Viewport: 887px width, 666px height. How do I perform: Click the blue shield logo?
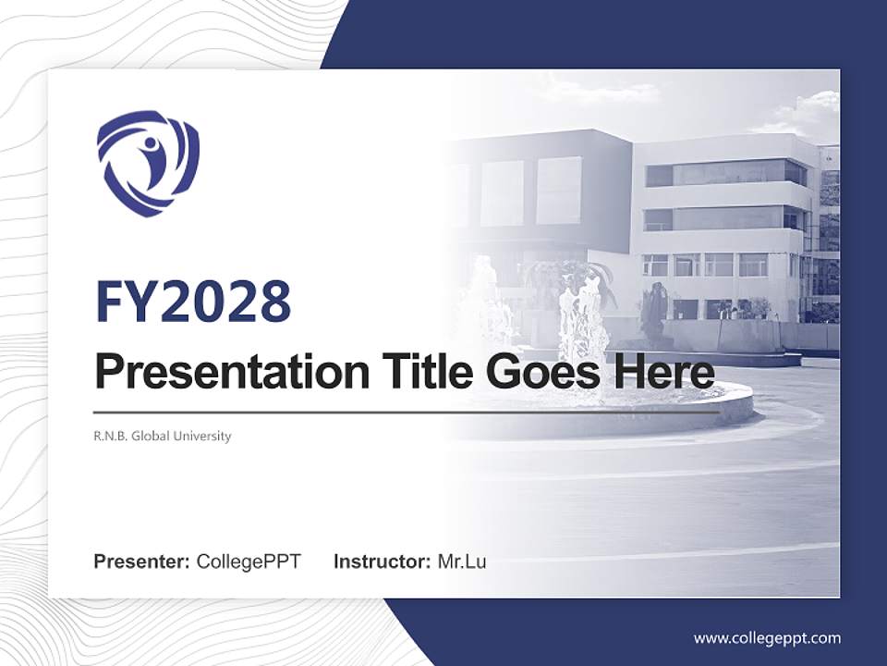148,163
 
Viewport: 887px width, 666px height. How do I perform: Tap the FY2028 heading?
193,302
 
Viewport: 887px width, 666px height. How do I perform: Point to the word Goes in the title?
539,372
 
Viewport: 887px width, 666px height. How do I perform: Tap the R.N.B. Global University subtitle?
163,436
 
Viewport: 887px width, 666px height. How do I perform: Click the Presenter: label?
142,561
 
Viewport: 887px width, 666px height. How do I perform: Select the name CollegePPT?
249,561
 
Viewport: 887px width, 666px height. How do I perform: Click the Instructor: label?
383,561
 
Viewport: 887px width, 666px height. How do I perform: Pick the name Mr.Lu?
462,561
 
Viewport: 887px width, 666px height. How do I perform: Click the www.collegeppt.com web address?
767,638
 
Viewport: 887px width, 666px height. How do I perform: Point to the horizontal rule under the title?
407,412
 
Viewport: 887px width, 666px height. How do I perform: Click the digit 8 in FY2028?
274,302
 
